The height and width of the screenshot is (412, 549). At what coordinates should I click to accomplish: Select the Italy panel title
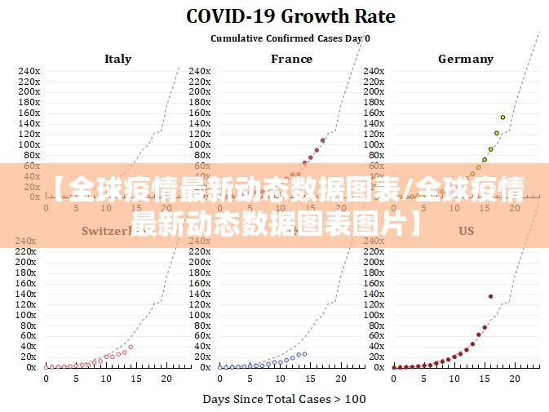pyautogui.click(x=117, y=59)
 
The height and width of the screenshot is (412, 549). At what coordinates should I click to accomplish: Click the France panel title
pyautogui.click(x=291, y=59)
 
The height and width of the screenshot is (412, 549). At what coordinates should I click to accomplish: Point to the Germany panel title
pyautogui.click(x=465, y=59)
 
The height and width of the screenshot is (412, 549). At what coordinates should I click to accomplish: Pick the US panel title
pyautogui.click(x=466, y=231)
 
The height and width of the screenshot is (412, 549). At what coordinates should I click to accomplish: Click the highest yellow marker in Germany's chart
pyautogui.click(x=503, y=117)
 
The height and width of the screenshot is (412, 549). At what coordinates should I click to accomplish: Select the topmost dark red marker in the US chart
pyautogui.click(x=490, y=296)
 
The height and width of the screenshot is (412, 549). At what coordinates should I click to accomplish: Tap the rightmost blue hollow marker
pyautogui.click(x=304, y=354)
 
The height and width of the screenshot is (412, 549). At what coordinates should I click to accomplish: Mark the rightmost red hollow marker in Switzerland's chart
pyautogui.click(x=131, y=347)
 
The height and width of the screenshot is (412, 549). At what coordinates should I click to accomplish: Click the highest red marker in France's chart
pyautogui.click(x=323, y=140)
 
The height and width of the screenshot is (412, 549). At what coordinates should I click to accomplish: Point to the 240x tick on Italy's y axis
pyautogui.click(x=29, y=71)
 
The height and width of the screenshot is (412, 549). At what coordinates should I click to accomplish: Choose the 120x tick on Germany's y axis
pyautogui.click(x=375, y=134)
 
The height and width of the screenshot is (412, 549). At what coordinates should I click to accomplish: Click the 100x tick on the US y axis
pyautogui.click(x=375, y=315)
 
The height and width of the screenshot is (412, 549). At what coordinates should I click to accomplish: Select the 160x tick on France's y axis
pyautogui.click(x=200, y=113)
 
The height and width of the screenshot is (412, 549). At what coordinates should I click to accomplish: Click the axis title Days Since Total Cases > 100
pyautogui.click(x=284, y=399)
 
